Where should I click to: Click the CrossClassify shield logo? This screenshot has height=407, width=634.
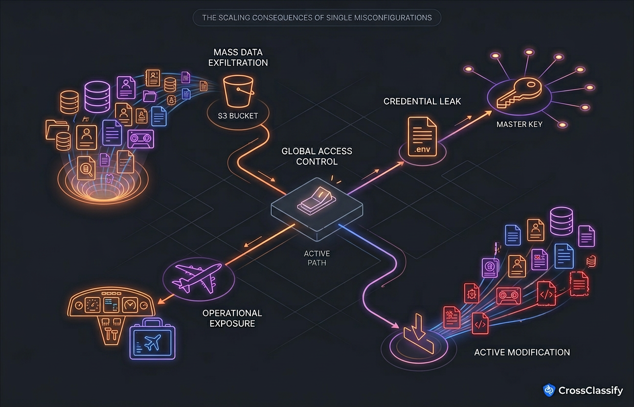[549, 390]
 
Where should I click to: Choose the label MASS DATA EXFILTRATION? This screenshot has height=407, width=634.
[238, 57]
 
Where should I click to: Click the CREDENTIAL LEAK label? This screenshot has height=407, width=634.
[422, 101]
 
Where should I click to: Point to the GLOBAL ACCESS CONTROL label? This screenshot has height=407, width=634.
[317, 156]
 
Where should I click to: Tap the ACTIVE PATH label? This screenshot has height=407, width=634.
[317, 258]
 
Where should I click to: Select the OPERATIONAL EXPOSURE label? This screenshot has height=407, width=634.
[232, 318]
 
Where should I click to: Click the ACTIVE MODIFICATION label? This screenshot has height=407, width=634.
[522, 352]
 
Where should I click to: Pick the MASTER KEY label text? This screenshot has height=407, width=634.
[519, 124]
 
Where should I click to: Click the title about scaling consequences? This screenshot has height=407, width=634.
[317, 18]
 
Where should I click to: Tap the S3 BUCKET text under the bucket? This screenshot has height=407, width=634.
[238, 116]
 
